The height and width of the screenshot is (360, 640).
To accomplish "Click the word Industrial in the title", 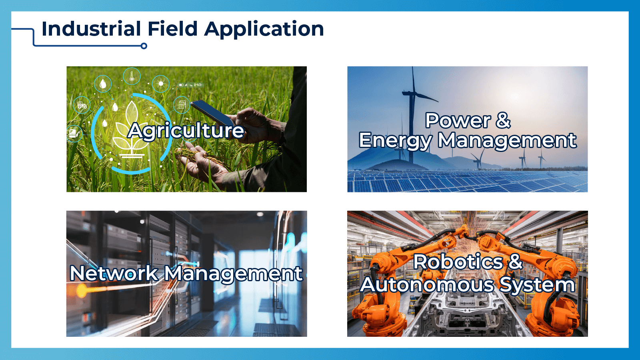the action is coord(91,29).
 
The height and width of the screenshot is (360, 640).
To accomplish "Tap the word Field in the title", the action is coord(172,29).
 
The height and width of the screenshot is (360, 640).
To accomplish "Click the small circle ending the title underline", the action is coord(144,46).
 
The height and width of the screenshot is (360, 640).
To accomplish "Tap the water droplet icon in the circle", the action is coord(103,84).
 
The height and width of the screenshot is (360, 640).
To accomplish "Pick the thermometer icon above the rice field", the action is coord(132,76).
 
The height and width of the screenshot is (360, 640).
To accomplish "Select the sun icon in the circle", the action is coord(161,84).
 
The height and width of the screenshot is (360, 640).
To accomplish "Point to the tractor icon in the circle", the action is coord(82,105).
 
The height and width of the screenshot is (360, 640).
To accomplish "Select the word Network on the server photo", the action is coord(114,274).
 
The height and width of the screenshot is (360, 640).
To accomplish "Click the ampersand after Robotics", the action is coord(516,262).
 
